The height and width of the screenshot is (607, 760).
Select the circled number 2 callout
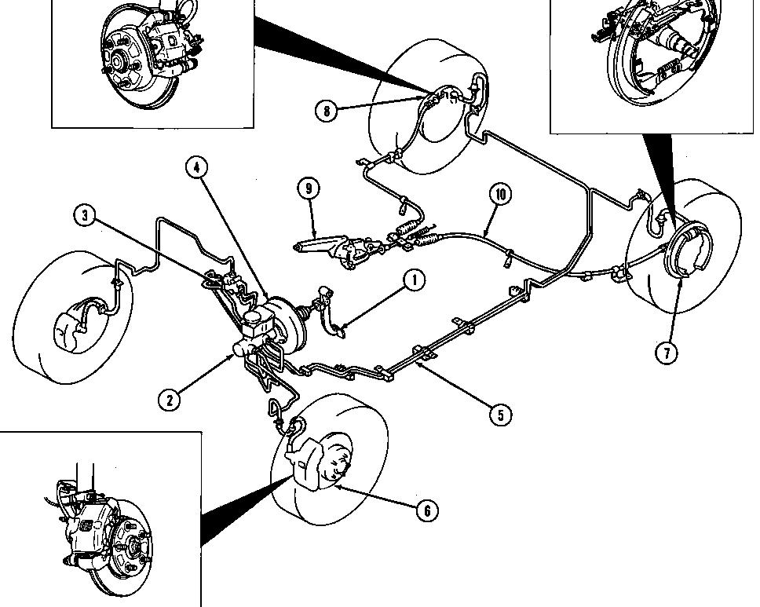169,399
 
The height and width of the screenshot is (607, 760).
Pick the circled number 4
198,167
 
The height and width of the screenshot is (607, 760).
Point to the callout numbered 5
501,413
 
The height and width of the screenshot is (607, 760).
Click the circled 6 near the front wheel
426,511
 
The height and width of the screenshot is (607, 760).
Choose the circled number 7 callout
667,353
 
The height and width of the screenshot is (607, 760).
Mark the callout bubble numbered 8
327,111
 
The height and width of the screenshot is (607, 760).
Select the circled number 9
309,188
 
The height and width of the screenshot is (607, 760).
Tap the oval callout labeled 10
499,193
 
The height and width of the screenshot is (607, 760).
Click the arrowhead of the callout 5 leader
423,362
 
